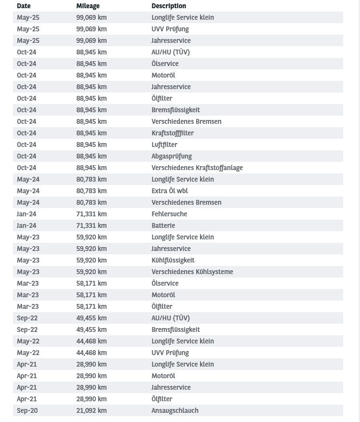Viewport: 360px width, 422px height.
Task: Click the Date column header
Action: coord(24,6)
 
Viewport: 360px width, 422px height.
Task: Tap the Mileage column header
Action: coord(88,6)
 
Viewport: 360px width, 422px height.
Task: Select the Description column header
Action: coord(169,6)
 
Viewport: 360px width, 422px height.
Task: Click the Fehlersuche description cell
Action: coord(169,214)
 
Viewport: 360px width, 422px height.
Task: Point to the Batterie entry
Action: coord(163,225)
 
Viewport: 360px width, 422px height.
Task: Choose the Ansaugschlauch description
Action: coord(175,410)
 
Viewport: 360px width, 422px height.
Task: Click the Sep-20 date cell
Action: coord(27,410)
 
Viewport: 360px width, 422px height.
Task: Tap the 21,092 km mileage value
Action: coord(91,410)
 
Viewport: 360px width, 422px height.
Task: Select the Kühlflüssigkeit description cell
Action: coord(173,260)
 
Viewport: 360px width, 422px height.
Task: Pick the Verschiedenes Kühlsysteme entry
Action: coord(192,272)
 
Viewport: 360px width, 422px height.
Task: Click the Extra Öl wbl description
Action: coord(170,191)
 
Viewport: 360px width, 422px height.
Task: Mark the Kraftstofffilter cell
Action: coord(173,133)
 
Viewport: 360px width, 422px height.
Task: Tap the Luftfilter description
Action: coord(164,145)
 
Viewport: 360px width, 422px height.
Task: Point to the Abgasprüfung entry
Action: coord(172,156)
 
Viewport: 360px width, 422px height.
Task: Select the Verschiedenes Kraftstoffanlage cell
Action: coord(197,168)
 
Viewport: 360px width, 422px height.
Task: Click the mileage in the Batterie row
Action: coord(91,225)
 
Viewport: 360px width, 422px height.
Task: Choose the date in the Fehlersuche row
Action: coord(27,214)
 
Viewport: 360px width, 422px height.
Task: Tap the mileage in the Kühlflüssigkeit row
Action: coord(91,260)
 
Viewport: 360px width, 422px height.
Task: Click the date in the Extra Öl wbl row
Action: coord(28,191)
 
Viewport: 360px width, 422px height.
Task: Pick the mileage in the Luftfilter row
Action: coord(91,145)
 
